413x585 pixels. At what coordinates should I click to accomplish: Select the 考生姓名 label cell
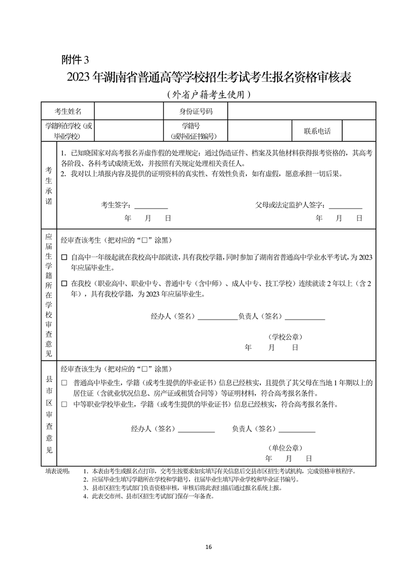click(68, 111)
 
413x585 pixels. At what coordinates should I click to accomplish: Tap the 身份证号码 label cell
click(196, 111)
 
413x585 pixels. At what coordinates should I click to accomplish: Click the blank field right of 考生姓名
click(128, 111)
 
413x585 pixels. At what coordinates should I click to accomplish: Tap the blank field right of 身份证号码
click(301, 111)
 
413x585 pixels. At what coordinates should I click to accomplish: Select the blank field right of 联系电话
click(359, 130)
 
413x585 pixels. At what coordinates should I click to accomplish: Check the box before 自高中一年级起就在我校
click(64, 258)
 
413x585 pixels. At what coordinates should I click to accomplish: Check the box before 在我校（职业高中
click(64, 284)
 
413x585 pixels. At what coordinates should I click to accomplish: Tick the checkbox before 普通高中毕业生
click(64, 383)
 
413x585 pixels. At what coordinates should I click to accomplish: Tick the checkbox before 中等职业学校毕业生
click(64, 404)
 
